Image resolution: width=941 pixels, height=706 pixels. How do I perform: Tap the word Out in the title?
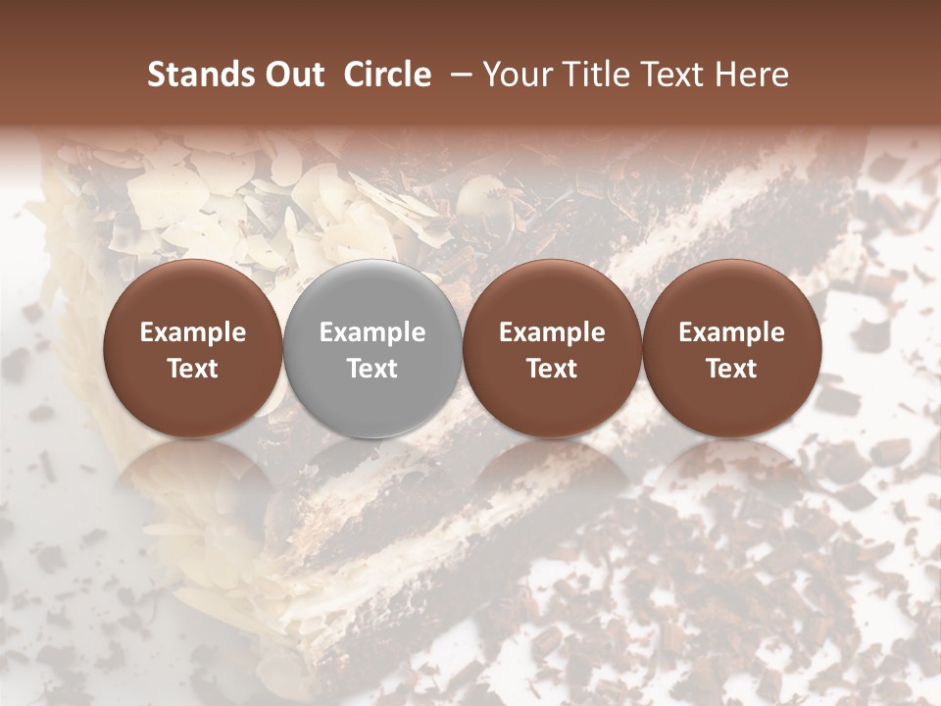click(x=292, y=75)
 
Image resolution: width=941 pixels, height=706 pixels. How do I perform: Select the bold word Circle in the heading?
click(x=387, y=75)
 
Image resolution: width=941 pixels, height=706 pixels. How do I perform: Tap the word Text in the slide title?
click(x=666, y=75)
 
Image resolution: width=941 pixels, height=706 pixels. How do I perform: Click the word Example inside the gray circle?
click(x=372, y=333)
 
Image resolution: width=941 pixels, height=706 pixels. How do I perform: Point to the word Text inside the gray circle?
click(x=372, y=369)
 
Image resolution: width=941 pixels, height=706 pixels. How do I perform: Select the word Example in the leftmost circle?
click(x=193, y=333)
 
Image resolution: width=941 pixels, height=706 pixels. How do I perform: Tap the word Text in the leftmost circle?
click(x=193, y=369)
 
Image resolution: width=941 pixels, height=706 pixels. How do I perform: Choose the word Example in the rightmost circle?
click(x=731, y=333)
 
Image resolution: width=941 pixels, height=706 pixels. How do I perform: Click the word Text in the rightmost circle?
click(x=731, y=369)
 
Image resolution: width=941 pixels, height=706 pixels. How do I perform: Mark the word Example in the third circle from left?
click(x=552, y=333)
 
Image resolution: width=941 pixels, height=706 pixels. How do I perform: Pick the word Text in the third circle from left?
click(x=552, y=369)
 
